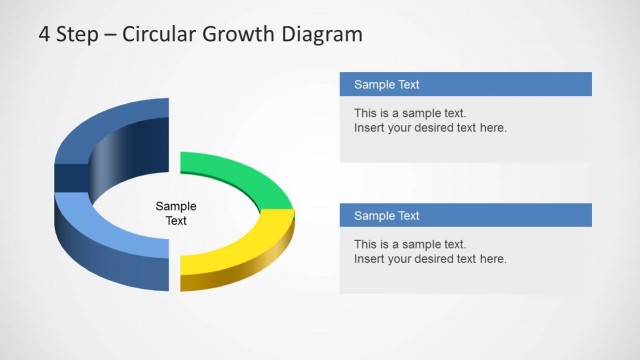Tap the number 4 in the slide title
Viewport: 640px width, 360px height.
pyautogui.click(x=45, y=35)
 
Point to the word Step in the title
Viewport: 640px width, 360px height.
pyautogui.click(x=76, y=35)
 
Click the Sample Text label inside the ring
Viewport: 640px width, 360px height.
pyautogui.click(x=176, y=214)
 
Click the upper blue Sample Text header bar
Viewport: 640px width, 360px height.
pyautogui.click(x=465, y=84)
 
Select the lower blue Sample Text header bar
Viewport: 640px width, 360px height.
pyautogui.click(x=465, y=215)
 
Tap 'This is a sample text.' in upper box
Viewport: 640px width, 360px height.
pyautogui.click(x=410, y=113)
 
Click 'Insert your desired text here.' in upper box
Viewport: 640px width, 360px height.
pyautogui.click(x=430, y=128)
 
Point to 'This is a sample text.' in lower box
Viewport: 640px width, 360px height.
pyautogui.click(x=410, y=244)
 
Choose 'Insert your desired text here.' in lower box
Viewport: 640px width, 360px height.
pyautogui.click(x=430, y=259)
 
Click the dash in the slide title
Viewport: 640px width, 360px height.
pyautogui.click(x=110, y=36)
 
